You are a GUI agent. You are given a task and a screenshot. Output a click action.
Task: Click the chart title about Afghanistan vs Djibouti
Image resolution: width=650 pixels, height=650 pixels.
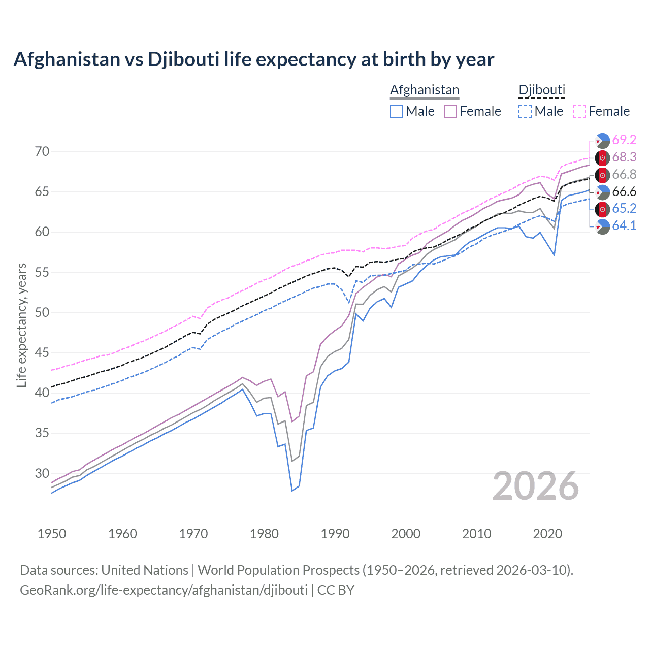coord(253,59)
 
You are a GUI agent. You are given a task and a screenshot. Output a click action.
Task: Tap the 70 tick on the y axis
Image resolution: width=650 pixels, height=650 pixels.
coord(42,151)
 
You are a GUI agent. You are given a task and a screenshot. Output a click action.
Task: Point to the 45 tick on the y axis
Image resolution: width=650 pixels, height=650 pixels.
coord(42,352)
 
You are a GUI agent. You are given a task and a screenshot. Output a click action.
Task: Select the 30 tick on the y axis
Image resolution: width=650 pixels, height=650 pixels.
coord(42,473)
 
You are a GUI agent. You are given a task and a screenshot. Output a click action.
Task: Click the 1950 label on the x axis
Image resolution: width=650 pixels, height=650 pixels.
coord(52,534)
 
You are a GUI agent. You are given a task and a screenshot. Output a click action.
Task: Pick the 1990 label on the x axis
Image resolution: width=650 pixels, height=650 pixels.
coord(335,534)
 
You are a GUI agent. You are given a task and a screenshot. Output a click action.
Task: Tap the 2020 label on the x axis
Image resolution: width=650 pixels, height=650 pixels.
coord(547,534)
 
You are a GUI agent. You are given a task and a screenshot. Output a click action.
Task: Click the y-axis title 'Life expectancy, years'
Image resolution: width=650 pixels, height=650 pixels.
coord(21,325)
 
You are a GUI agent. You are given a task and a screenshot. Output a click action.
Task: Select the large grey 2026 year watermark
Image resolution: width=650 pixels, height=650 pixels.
coord(535,486)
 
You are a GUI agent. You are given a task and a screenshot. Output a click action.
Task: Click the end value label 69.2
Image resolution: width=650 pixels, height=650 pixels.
coord(624,140)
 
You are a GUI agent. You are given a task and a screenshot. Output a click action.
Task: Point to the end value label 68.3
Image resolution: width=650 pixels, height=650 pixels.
coord(624,157)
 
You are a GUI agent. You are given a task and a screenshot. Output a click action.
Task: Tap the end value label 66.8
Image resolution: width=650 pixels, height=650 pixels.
coord(624,174)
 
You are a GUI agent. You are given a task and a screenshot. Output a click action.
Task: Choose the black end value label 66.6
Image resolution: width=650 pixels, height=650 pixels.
coord(624,191)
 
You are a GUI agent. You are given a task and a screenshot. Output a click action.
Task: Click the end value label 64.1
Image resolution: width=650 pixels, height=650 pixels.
coord(624,225)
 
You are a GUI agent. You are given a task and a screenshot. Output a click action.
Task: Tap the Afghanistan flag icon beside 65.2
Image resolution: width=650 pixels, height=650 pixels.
coord(602,209)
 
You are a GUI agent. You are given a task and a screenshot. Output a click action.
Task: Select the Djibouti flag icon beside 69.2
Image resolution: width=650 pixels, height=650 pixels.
coord(602,140)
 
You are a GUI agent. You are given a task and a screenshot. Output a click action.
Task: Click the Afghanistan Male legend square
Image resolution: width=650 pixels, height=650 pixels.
coord(397,111)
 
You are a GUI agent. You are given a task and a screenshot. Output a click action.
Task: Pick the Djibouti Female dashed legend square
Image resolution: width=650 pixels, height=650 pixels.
coord(579,111)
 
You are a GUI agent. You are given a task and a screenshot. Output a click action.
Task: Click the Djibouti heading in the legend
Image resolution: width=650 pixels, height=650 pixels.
coord(542,90)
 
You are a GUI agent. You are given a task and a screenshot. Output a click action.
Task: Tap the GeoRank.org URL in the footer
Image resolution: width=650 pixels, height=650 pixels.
coord(164,590)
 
